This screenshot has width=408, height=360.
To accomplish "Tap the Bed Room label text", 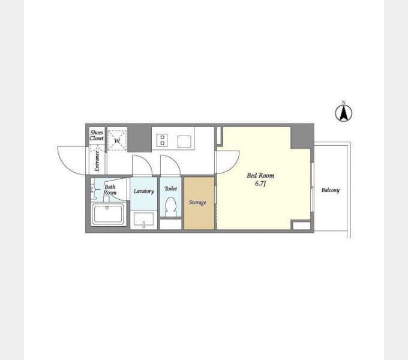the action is click(260, 176).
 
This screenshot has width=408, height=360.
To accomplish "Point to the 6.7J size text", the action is click(260, 184).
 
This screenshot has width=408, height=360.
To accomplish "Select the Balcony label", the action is click(331, 190).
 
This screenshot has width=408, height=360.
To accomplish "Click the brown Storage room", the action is click(199, 203).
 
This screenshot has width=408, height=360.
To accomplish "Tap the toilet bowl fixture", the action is click(170, 206).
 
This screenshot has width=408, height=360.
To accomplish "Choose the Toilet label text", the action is click(170, 188).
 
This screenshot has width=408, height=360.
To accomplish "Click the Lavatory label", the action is click(144, 191).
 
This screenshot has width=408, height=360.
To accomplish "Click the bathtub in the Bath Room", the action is click(109, 214).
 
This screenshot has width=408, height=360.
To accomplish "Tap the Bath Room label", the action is click(110, 190).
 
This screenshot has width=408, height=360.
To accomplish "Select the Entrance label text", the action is click(97, 161).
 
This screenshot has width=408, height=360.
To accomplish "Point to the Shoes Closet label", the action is click(97, 135).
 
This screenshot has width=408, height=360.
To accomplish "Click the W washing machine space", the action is click(118, 139).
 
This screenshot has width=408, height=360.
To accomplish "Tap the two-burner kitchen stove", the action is click(162, 140).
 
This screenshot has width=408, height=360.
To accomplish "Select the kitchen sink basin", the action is click(184, 142).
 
